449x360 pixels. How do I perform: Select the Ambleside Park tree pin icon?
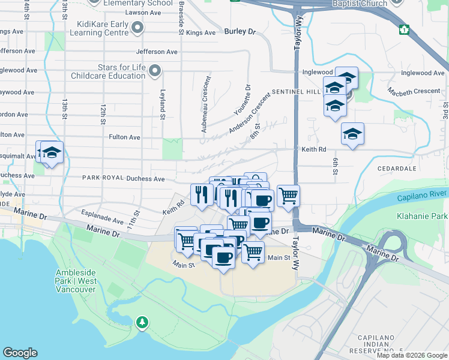142,323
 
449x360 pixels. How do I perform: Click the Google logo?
20,353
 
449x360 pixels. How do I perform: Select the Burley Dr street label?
240,31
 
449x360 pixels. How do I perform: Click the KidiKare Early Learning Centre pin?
139,28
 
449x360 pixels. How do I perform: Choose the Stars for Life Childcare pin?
155,71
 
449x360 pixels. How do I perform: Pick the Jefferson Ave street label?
157,52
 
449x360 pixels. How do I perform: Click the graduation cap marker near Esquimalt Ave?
52,153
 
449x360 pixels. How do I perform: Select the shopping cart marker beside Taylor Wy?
289,196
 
